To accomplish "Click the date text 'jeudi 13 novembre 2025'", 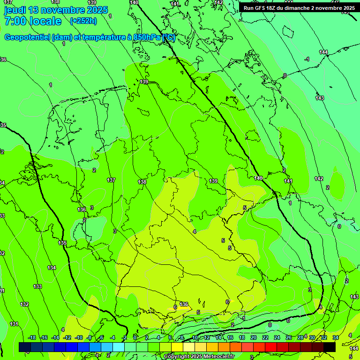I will [56, 10].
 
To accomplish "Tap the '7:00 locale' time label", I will [33, 21].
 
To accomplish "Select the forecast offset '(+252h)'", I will [83, 21].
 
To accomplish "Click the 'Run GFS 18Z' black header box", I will [299, 8].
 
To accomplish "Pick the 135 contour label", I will [63, 243].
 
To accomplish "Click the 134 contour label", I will [52, 268].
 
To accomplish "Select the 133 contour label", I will [37, 286].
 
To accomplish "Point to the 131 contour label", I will [14, 324].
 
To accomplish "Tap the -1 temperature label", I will [307, 59].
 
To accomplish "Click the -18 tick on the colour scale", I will [32, 337].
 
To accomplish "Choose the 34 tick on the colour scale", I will [336, 337].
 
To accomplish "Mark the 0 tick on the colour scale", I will [135, 337].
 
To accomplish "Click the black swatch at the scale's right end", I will [330, 347].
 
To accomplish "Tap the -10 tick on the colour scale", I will [79, 337].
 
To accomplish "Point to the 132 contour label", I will [24, 304].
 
